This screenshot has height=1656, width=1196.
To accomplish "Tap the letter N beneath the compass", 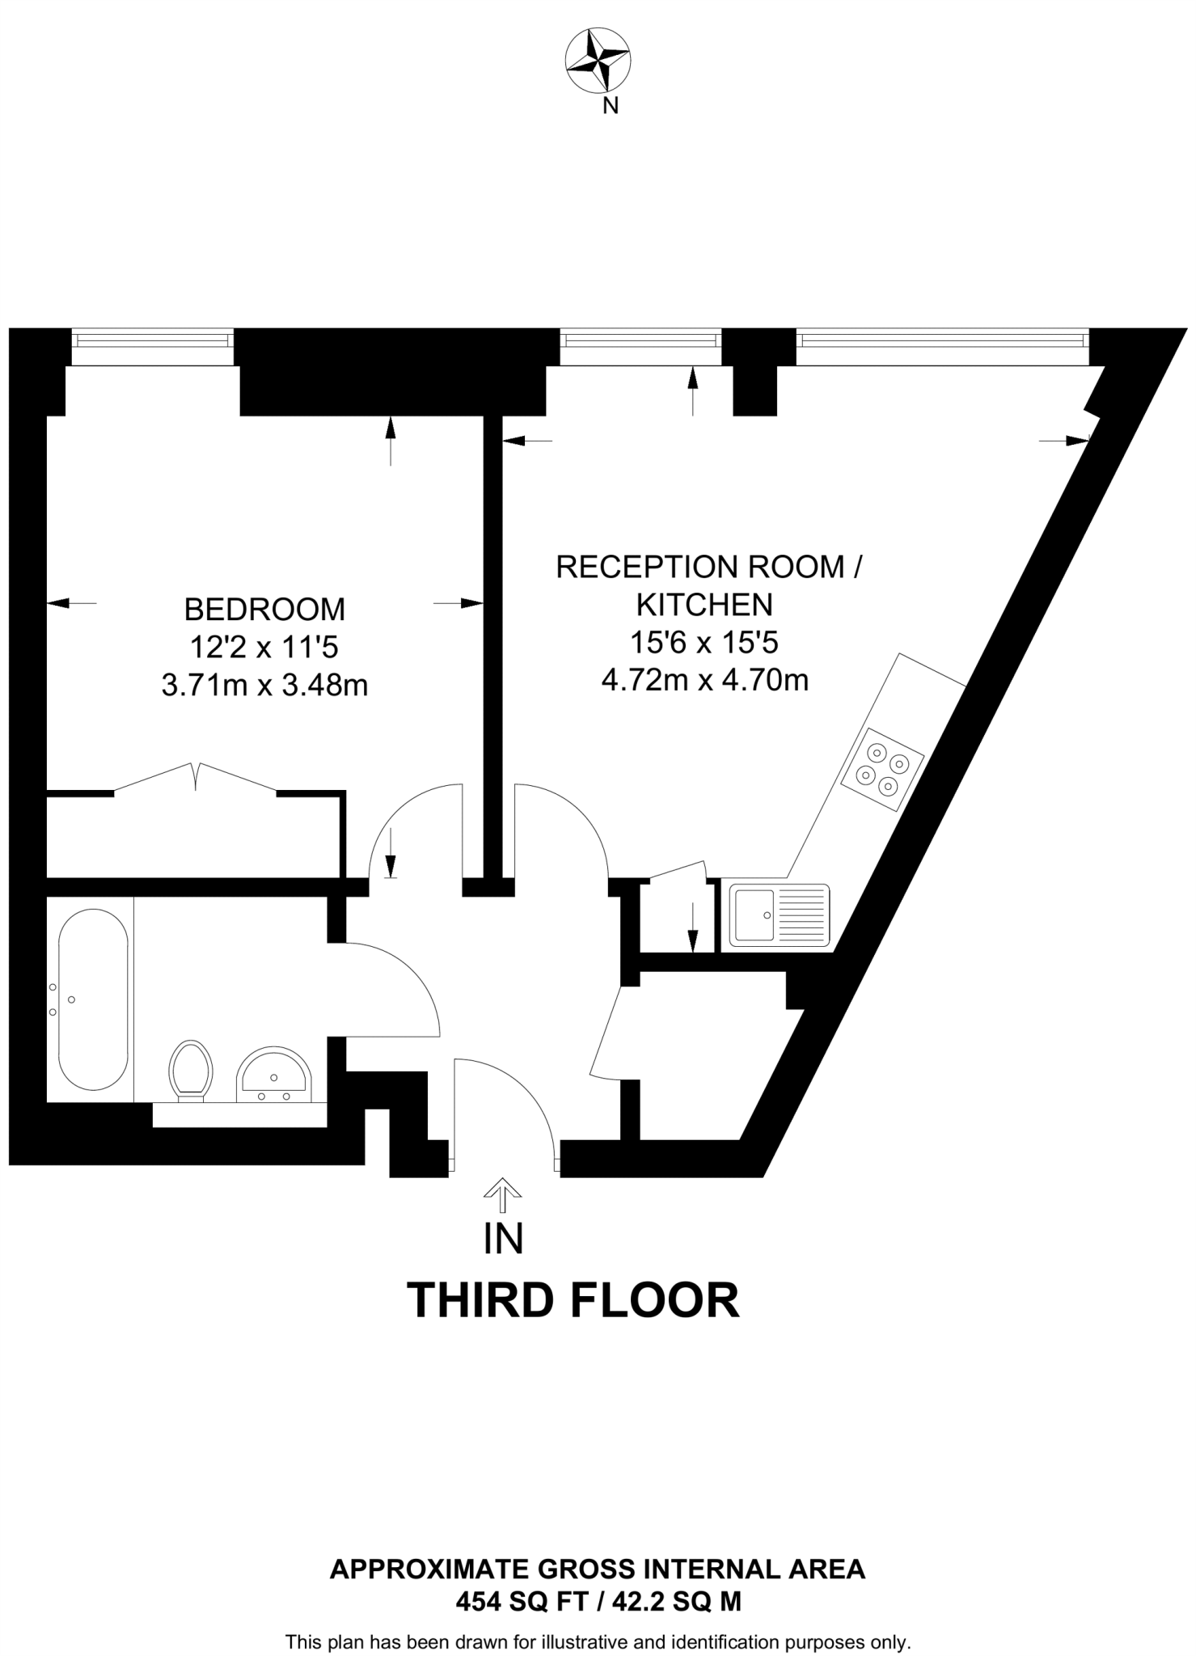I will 611,105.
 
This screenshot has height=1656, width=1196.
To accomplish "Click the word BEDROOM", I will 264,609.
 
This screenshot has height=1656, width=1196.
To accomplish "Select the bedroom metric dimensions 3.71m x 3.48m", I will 264,686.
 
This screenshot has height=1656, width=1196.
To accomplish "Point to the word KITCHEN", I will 704,605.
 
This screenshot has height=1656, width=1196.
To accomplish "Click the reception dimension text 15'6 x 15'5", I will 704,643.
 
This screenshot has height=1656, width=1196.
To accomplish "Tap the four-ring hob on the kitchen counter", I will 882,769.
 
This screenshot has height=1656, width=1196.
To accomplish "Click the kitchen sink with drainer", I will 780,915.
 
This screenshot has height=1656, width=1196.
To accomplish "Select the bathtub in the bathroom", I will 93,999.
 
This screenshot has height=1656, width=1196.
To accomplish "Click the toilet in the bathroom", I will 191,1070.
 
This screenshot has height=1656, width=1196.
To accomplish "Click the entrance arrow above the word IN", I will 502,1194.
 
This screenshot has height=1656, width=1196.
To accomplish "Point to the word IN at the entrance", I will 503,1240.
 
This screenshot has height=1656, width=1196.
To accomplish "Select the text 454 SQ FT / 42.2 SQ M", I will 598,1601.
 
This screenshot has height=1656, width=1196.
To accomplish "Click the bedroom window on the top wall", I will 152,347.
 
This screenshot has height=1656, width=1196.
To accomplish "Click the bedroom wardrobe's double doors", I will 195,777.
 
